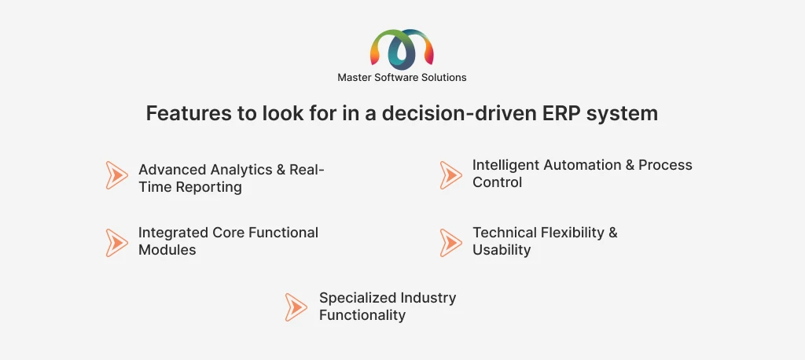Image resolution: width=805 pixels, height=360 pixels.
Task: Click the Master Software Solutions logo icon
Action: coord(402,50)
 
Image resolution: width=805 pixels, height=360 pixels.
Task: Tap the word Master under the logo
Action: coord(352,78)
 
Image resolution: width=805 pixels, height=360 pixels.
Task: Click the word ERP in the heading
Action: coord(561,113)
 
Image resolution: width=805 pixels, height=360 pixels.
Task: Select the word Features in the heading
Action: coord(189,113)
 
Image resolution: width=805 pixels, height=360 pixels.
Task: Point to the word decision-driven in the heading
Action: coord(459,113)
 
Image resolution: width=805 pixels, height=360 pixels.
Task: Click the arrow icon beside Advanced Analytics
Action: coord(116,175)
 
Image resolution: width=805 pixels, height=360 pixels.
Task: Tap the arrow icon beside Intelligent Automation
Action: coord(450,175)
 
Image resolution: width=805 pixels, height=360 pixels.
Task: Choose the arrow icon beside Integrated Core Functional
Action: coord(116,243)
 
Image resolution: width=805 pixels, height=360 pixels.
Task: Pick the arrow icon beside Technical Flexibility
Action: coord(450,243)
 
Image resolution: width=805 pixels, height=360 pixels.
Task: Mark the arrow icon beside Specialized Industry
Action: coord(296,307)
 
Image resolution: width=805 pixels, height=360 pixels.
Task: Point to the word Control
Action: coord(497,182)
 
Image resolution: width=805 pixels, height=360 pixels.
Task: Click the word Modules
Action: coord(167,250)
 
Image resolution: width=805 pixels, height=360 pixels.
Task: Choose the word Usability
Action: coord(502,250)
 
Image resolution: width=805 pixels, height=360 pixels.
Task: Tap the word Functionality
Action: coord(362,315)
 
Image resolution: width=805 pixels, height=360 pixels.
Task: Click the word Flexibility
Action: coord(572,233)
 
